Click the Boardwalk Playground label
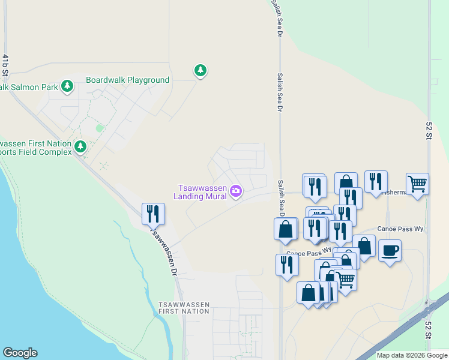click(x=127, y=80)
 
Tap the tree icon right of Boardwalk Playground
click(x=200, y=71)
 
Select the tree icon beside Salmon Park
click(x=67, y=86)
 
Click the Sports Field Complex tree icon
click(x=80, y=146)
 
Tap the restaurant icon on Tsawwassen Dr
click(x=153, y=213)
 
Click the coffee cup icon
click(x=390, y=250)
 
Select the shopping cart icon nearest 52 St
click(x=417, y=182)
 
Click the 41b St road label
click(x=5, y=66)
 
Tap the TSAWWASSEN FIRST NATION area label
click(x=184, y=308)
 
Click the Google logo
click(x=20, y=353)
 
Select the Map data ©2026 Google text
click(x=411, y=355)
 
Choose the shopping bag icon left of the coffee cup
click(x=364, y=245)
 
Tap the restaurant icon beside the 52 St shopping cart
click(x=376, y=181)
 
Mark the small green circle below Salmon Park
click(x=100, y=128)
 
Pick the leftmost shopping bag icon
click(x=286, y=228)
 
